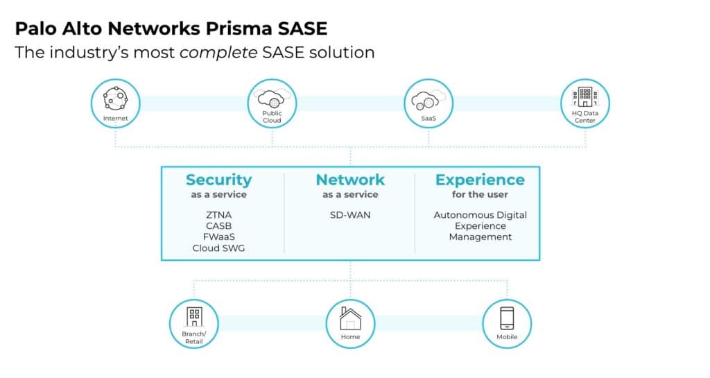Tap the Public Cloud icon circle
(x=272, y=100)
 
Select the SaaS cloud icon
(x=428, y=100)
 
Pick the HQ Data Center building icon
(x=585, y=96)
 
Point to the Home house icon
(x=350, y=319)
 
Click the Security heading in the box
(x=218, y=180)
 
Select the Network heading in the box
(x=350, y=180)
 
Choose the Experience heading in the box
(x=480, y=180)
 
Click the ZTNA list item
(x=218, y=215)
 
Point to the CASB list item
(x=218, y=226)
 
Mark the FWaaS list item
(x=218, y=237)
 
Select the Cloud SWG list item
(x=218, y=248)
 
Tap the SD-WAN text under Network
(x=350, y=215)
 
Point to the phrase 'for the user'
(x=480, y=195)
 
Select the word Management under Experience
(x=480, y=237)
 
